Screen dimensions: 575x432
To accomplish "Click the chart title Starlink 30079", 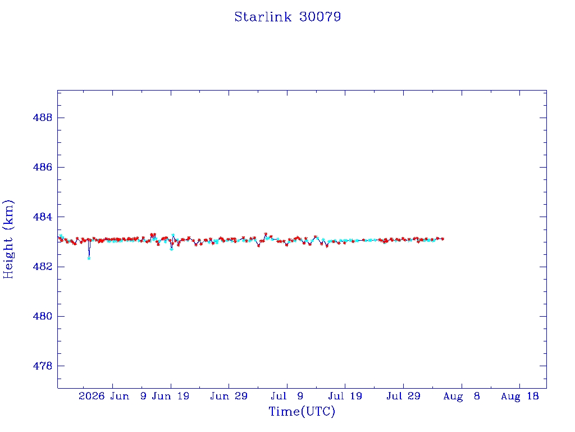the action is (x=287, y=17).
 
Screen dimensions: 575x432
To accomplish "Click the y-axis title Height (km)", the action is (x=8, y=239).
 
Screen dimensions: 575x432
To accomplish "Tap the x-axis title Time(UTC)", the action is (x=302, y=411).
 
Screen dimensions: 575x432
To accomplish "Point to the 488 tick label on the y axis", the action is (x=43, y=118).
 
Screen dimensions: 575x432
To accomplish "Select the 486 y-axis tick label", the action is (x=43, y=167).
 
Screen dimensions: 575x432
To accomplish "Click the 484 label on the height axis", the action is (x=43, y=217).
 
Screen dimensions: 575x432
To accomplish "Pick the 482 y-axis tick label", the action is (x=43, y=266).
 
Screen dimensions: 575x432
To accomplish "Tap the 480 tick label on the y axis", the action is (x=43, y=316).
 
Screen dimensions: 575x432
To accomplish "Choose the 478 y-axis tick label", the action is (x=43, y=366).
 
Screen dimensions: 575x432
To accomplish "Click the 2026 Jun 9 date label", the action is (x=112, y=396).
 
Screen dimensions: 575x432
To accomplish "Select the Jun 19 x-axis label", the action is (x=171, y=396).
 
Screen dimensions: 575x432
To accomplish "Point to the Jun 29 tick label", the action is (x=229, y=396).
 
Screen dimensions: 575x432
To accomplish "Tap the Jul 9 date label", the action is (x=287, y=396).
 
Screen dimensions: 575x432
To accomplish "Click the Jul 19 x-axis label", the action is (x=345, y=396).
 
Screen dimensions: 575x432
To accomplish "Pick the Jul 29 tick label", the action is (x=403, y=396).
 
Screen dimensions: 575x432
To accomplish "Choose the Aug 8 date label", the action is (x=462, y=396).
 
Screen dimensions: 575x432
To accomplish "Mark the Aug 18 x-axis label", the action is (x=519, y=396).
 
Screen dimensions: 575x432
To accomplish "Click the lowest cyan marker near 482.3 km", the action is (x=89, y=259).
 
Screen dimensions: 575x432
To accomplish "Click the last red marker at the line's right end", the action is (x=442, y=238).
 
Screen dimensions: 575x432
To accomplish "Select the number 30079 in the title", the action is (x=320, y=17).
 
